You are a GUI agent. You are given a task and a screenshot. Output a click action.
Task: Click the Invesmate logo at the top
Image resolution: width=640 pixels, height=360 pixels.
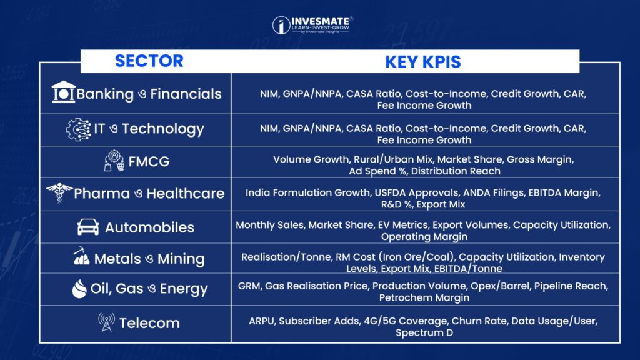312,25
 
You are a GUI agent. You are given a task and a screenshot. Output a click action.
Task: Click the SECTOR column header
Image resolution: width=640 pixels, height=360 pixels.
149,61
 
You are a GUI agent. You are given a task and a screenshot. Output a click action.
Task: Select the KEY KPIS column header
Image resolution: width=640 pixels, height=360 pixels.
423,62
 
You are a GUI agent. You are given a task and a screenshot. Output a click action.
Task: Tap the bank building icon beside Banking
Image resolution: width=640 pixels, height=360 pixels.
63,92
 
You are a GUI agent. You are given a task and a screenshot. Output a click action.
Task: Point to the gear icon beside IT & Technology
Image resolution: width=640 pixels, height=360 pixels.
78,129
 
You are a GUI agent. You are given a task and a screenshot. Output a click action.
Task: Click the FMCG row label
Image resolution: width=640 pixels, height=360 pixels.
149,162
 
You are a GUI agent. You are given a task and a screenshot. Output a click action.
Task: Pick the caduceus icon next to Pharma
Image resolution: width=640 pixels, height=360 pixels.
59,192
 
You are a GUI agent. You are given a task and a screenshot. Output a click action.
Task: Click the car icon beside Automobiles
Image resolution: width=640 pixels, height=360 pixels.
88,227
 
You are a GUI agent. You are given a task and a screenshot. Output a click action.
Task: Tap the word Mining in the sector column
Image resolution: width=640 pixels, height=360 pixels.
181,259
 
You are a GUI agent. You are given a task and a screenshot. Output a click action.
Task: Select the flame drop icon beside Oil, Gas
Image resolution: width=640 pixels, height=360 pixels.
79,289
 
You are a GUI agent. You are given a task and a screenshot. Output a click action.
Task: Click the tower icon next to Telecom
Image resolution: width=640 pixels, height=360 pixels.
106,322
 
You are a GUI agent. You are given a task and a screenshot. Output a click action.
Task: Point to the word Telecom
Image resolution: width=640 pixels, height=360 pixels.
149,323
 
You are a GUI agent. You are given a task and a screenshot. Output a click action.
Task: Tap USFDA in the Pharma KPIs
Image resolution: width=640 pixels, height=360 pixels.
391,192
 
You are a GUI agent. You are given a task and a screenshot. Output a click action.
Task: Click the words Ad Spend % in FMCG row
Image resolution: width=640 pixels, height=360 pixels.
377,171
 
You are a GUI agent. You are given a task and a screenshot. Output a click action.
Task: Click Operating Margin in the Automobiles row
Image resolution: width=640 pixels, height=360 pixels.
424,237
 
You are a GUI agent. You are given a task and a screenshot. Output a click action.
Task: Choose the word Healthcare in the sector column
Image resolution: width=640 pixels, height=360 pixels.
186,194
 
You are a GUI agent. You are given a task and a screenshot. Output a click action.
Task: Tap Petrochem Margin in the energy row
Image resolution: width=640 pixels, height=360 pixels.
424,298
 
